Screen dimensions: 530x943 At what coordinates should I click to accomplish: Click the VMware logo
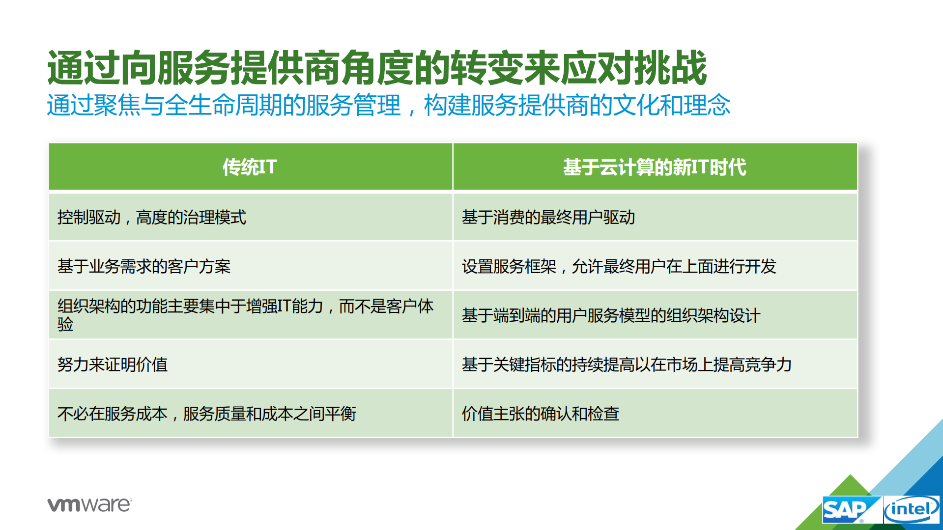pos(89,504)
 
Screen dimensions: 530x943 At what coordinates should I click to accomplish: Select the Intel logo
pos(912,510)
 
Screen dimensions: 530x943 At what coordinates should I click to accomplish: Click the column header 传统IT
pos(250,167)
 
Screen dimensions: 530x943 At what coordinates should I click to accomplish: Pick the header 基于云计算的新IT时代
pos(655,167)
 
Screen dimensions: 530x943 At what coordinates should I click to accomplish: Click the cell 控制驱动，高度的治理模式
pos(151,217)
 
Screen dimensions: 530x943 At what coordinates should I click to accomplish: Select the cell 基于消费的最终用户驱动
pos(548,217)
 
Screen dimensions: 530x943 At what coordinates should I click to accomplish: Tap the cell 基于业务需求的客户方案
pos(144,266)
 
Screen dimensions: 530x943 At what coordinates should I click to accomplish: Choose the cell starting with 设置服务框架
pos(619,266)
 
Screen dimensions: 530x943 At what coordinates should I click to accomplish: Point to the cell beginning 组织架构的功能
pos(245,314)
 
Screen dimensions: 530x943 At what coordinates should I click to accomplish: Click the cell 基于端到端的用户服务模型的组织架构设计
pos(611,315)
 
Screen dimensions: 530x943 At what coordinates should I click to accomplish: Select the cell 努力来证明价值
pos(113,364)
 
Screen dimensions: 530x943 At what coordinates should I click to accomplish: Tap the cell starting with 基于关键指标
pos(627,364)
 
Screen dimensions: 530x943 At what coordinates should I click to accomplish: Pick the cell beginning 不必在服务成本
pos(206,414)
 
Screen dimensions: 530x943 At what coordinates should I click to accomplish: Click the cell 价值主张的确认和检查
pos(540,414)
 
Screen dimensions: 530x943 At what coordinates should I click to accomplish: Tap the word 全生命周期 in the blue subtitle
pos(224,105)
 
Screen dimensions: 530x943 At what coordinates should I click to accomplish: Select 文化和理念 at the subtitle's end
pos(671,105)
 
